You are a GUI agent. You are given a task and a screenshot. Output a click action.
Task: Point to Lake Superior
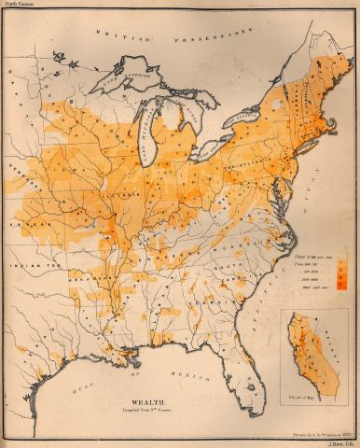[x=131, y=78]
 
